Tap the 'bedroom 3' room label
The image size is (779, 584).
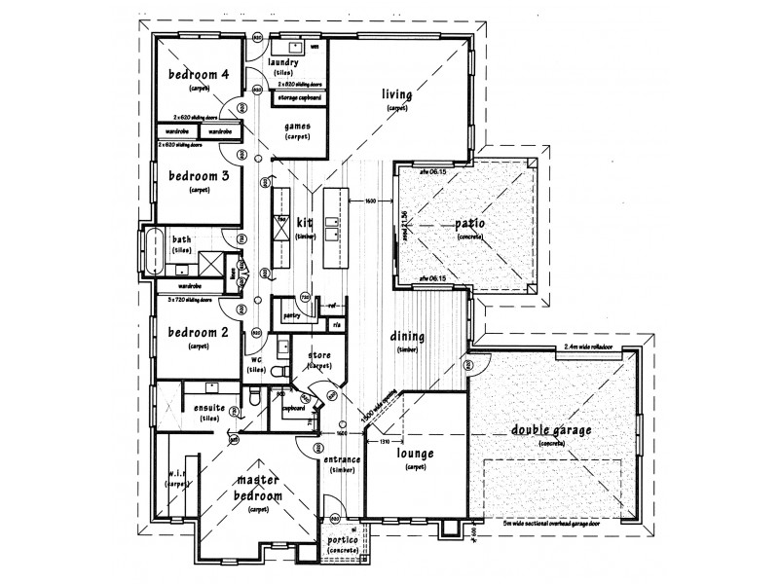pyautogui.click(x=199, y=175)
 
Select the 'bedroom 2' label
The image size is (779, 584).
pyautogui.click(x=199, y=332)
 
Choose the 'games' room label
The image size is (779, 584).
pyautogui.click(x=298, y=127)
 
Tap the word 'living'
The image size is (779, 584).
pyautogui.click(x=397, y=94)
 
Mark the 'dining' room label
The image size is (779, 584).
pyautogui.click(x=407, y=336)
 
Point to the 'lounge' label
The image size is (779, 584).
pyautogui.click(x=415, y=454)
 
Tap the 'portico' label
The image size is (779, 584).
pyautogui.click(x=343, y=540)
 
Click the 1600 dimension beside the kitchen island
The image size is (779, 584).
pyautogui.click(x=371, y=201)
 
